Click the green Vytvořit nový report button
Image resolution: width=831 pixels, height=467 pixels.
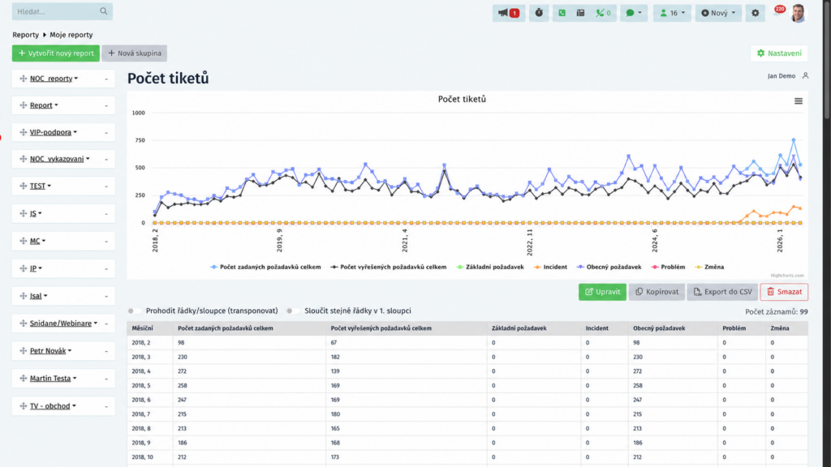click(x=56, y=53)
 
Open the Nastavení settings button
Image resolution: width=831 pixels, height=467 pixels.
click(x=779, y=53)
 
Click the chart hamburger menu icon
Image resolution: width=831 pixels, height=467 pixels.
click(x=799, y=101)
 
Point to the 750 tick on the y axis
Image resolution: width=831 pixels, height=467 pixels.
click(x=140, y=140)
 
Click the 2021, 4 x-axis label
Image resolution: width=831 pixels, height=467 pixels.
click(x=405, y=240)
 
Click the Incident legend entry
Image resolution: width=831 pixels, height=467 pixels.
click(x=550, y=267)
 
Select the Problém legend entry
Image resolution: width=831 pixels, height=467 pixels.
click(x=668, y=267)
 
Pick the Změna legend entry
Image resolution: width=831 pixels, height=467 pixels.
click(x=709, y=267)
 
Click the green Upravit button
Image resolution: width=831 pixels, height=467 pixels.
click(x=603, y=292)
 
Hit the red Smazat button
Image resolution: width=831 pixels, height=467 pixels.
click(x=785, y=292)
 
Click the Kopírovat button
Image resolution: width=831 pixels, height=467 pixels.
click(x=657, y=292)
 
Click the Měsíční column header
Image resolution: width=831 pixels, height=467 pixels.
click(x=143, y=328)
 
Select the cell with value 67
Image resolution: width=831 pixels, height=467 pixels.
click(x=334, y=343)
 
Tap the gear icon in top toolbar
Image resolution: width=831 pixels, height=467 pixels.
click(x=756, y=13)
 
